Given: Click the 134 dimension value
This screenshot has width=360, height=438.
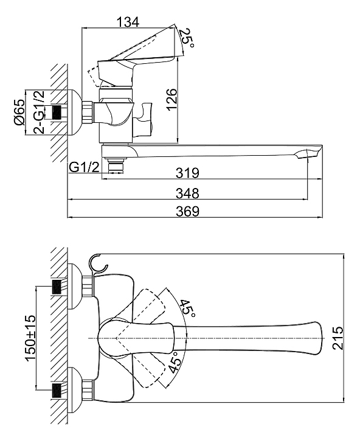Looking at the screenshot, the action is coord(127,22).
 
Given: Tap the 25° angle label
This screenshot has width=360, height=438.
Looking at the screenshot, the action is coord(187,38).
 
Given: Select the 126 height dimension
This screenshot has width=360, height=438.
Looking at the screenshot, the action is coord(171,100).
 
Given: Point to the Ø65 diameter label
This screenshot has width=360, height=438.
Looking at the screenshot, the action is coord(19,113).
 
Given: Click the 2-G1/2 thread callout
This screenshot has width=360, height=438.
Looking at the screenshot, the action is coord(38,112).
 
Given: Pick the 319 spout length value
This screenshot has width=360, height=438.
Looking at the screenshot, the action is coord(188,173).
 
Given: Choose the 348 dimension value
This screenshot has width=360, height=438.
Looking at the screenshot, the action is coord(188,193).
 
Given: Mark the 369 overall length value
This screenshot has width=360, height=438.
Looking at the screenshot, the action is coord(188,211).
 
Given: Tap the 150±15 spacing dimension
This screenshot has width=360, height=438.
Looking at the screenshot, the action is coord(30,338).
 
